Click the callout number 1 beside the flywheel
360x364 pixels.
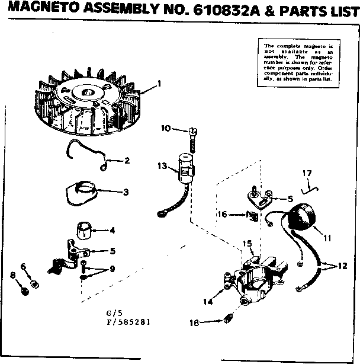[159, 84]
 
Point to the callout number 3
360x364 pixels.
[126, 191]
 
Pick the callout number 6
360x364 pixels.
[24, 266]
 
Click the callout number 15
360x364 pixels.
[247, 244]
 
